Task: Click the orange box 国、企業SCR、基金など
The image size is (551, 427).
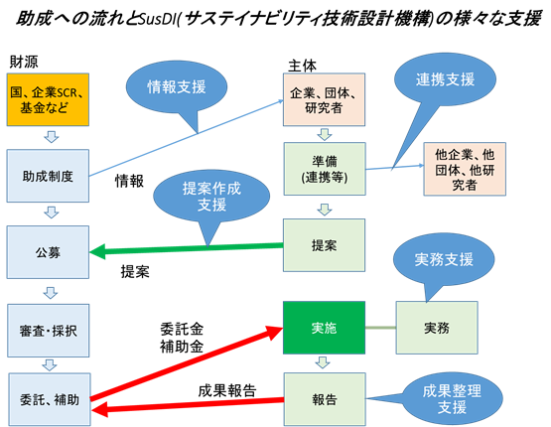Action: pos(48,99)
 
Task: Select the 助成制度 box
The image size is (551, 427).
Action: pos(48,176)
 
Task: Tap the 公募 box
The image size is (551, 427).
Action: pos(48,252)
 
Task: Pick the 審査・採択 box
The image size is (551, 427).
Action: pos(49,331)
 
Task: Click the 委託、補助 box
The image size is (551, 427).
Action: pos(50,399)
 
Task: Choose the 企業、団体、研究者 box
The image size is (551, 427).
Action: pos(324,99)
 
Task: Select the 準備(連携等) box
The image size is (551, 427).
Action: pos(325,169)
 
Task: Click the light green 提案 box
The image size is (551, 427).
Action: pos(324,245)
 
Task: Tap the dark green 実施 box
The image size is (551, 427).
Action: pos(324,328)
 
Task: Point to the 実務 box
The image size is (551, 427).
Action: pos(437,328)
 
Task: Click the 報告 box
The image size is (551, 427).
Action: pos(325,399)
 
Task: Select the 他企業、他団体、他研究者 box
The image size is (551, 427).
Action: pos(465,169)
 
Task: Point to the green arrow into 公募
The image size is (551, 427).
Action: pos(187,248)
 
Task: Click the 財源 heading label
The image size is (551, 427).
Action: pos(24,62)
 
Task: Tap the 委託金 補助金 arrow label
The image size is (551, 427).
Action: pos(182,338)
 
